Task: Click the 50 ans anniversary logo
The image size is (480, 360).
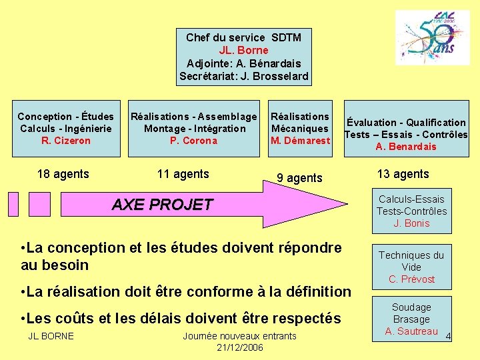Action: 432,38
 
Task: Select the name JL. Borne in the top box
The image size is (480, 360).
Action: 243,50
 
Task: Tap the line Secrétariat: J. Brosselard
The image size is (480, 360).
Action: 243,76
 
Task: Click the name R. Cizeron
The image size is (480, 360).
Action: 65,141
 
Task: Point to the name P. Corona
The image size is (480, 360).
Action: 193,141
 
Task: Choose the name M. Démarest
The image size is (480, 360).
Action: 300,141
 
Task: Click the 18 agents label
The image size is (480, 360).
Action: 63,174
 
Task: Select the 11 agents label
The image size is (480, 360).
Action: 183,174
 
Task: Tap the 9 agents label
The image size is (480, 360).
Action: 299,178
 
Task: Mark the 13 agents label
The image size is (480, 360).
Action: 403,174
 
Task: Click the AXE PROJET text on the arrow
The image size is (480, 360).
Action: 162,205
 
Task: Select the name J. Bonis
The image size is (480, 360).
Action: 411,223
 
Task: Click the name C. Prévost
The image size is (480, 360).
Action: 411,279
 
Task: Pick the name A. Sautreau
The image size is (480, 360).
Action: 411,331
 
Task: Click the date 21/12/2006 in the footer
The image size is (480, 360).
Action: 240,348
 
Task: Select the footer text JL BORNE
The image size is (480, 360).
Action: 51,335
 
